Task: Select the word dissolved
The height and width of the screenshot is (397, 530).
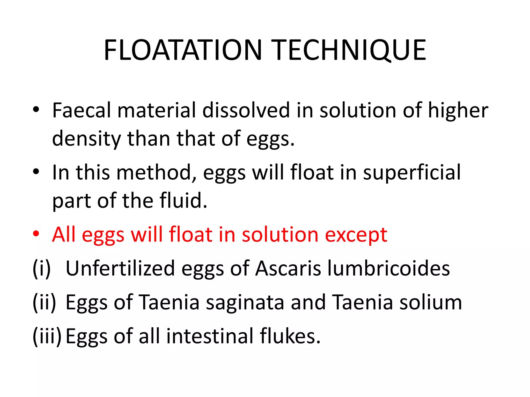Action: [246, 110]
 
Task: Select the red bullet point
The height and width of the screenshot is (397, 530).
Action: [36, 234]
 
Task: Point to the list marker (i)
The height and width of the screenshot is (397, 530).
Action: [41, 269]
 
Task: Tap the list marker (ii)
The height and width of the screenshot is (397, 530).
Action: [44, 302]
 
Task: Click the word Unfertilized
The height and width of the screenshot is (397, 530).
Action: [120, 268]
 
